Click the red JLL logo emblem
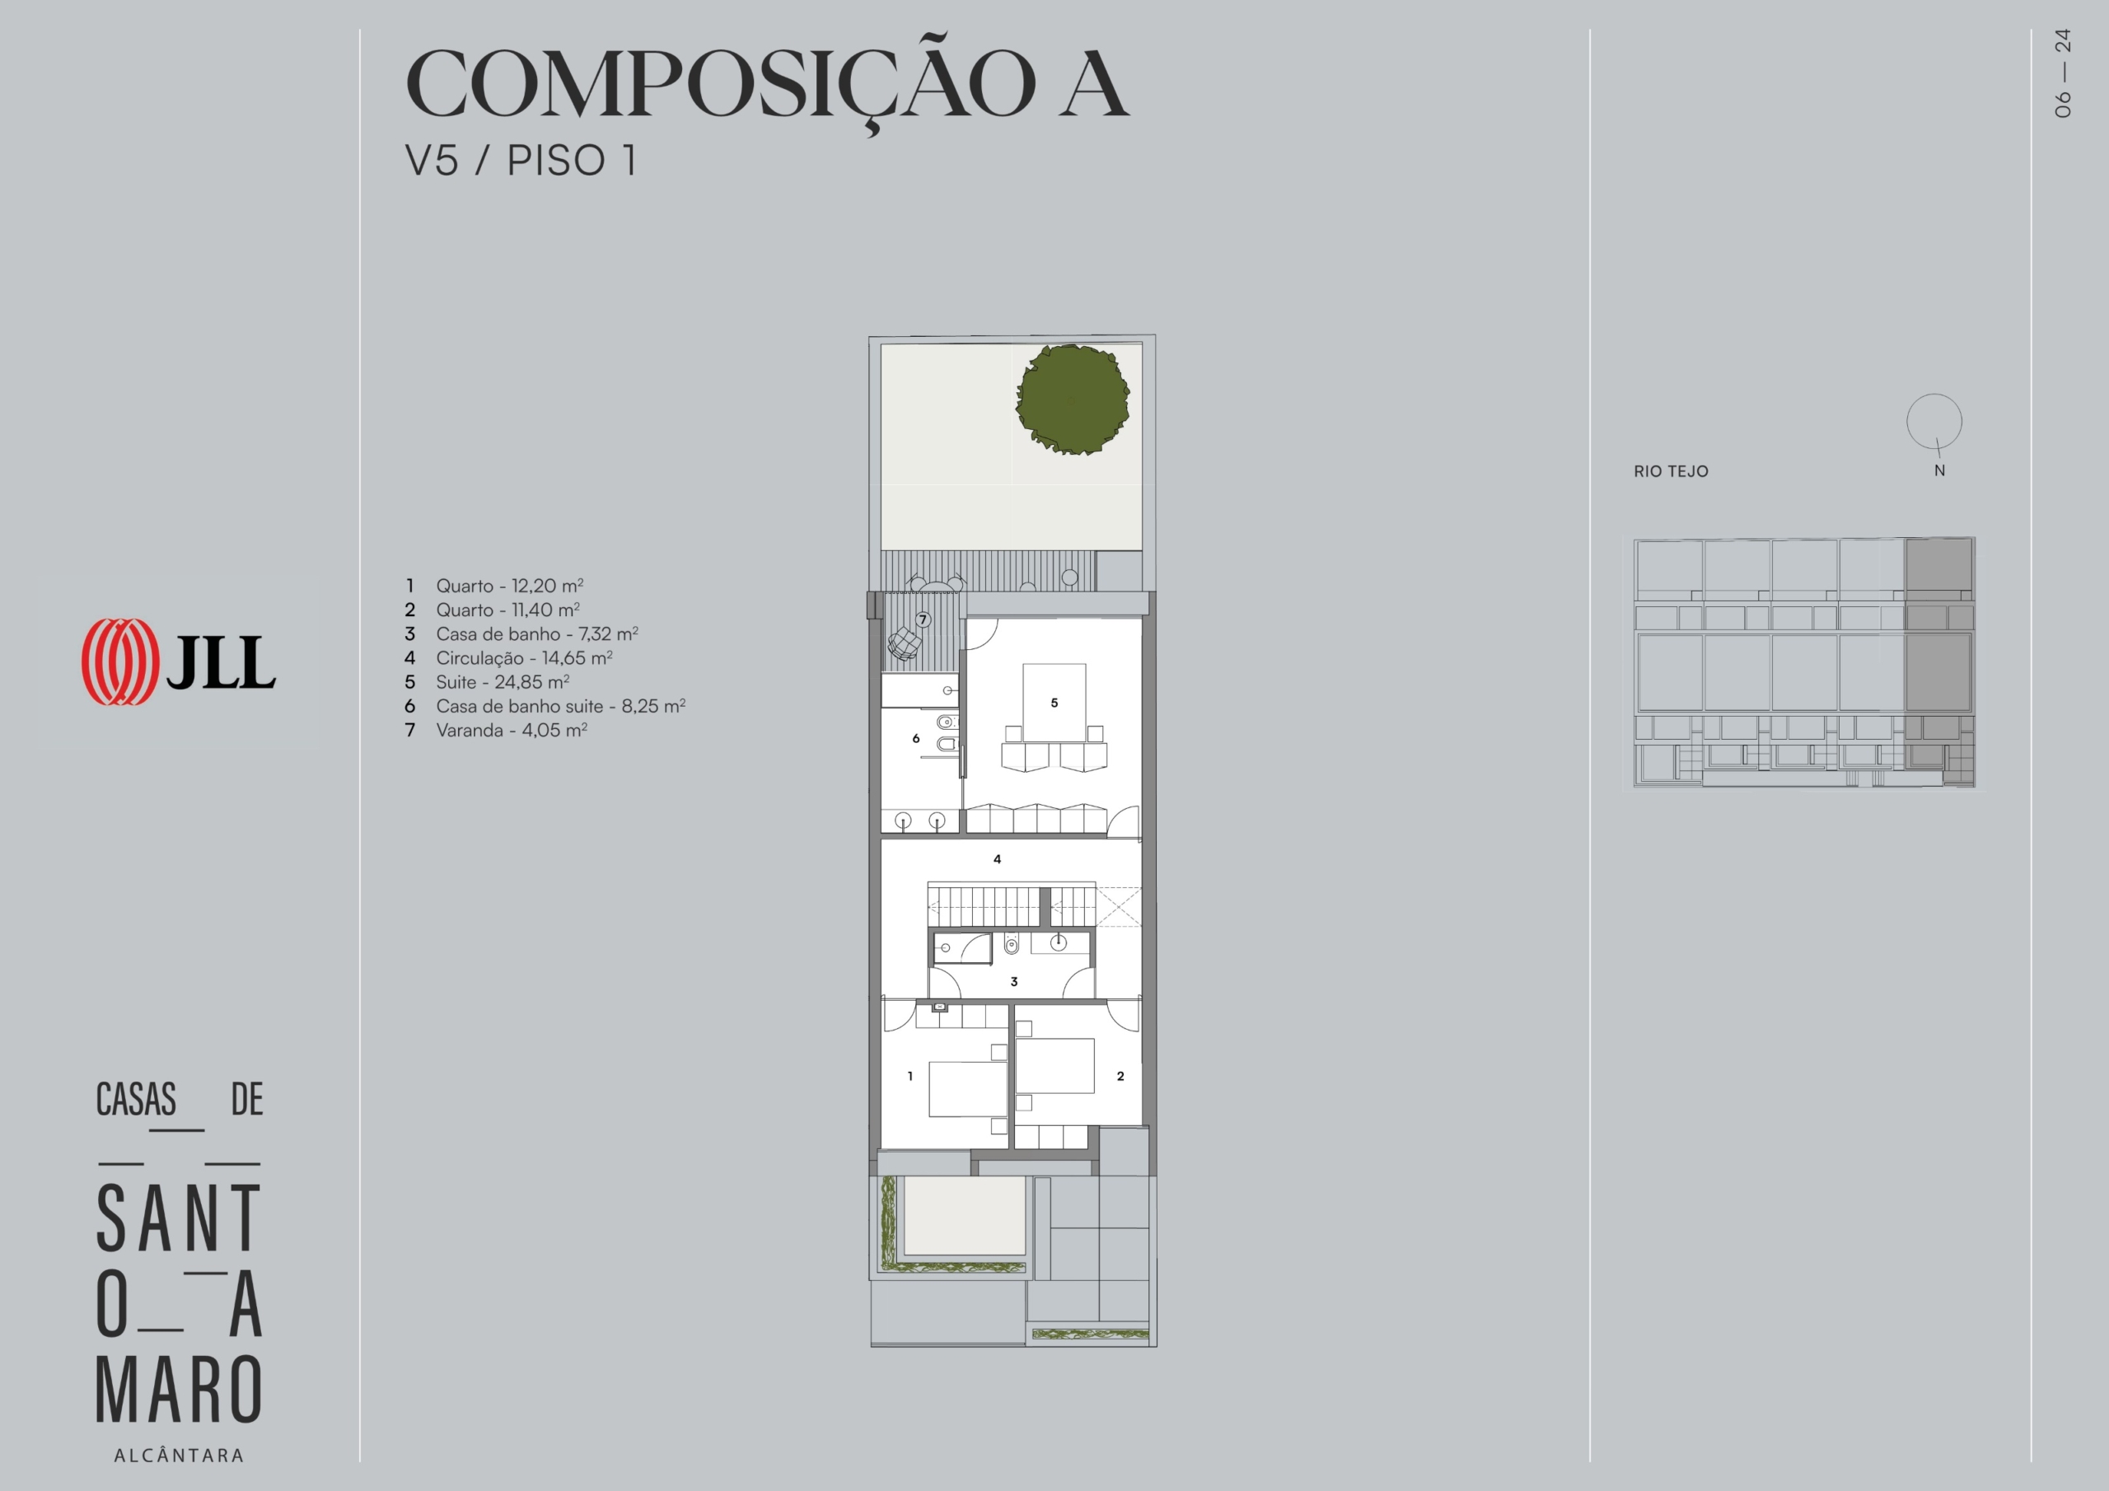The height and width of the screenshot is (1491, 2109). [119, 661]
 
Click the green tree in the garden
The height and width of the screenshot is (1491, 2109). [1073, 400]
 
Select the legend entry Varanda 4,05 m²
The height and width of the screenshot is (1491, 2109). [496, 731]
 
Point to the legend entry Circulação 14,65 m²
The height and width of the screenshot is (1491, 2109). [509, 657]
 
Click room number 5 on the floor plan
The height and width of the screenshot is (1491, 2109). [1054, 703]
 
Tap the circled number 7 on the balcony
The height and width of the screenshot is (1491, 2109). [924, 620]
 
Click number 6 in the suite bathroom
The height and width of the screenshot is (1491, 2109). [916, 738]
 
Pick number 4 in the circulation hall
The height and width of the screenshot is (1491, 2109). [998, 859]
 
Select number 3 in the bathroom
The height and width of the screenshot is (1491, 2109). [1014, 981]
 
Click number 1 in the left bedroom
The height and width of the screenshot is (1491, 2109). [910, 1076]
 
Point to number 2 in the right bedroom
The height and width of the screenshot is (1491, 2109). [1120, 1076]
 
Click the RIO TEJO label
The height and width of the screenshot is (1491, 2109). [1671, 471]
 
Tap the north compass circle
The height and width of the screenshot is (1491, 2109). [1934, 422]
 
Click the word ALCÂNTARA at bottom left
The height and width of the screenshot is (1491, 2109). [179, 1456]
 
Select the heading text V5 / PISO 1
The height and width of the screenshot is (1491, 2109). [521, 160]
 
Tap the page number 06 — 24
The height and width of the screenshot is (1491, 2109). [2063, 73]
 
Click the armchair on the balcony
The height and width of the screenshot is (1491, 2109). [905, 643]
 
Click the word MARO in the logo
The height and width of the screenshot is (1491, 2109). [179, 1388]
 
